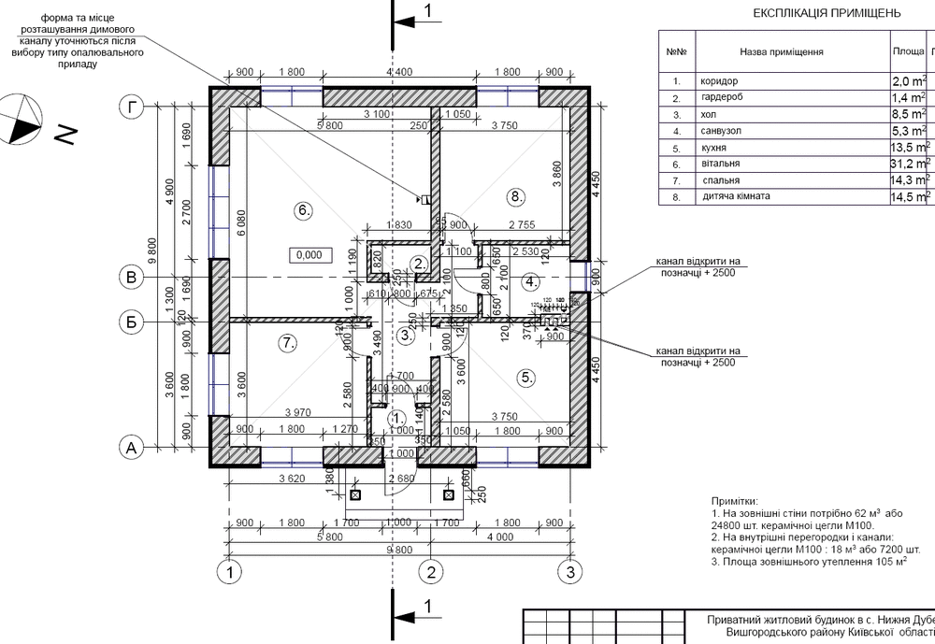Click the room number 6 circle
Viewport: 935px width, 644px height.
302,210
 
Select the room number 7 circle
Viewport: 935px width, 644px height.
288,343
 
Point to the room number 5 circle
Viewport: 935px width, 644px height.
525,378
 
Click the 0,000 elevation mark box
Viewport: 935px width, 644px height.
308,254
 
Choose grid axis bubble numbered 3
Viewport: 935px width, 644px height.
566,570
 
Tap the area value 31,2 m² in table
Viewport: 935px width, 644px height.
908,164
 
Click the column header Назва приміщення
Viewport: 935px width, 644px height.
781,52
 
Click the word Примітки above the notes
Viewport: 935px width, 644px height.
736,502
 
